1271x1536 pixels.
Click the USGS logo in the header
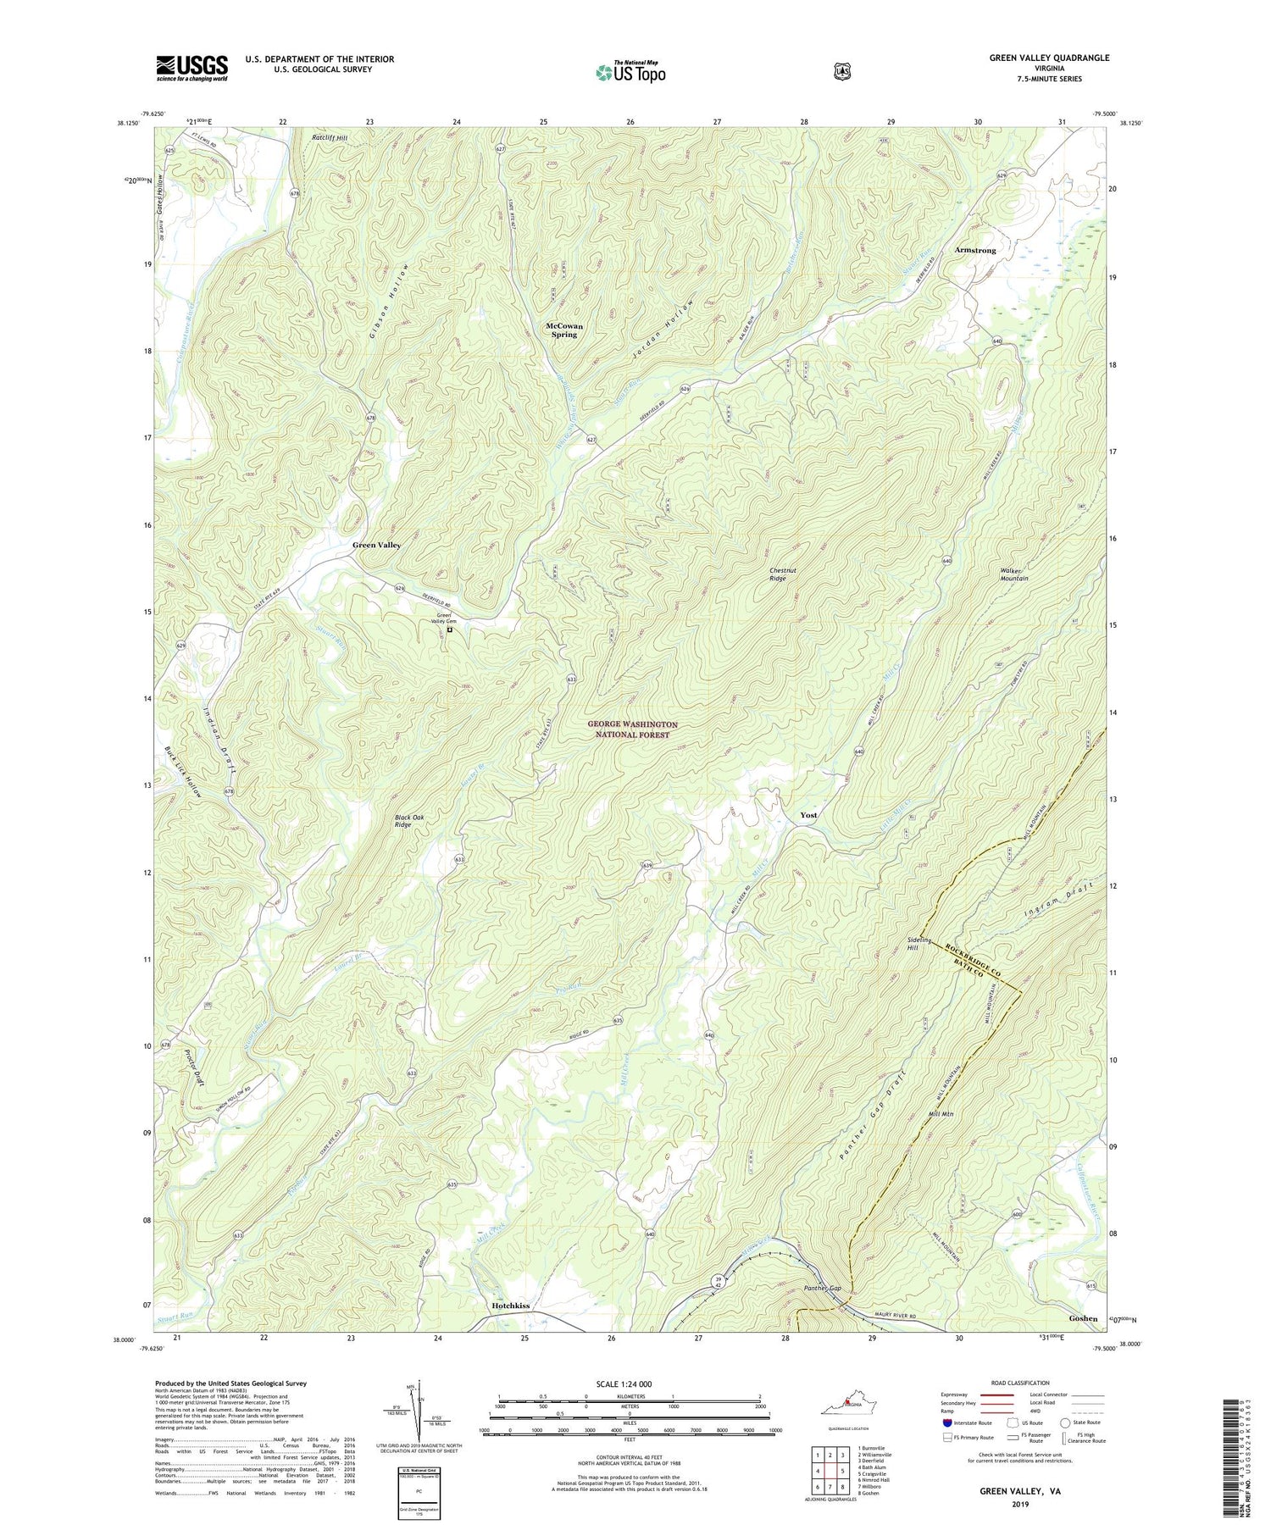click(x=191, y=68)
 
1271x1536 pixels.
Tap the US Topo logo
click(x=631, y=72)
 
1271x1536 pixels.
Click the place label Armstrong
click(x=975, y=251)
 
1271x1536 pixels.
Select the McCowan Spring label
click(x=564, y=330)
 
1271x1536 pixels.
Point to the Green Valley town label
click(x=376, y=545)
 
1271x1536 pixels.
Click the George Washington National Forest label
click(x=632, y=729)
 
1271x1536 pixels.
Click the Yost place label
click(x=808, y=815)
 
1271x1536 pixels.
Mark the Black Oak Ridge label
click(x=413, y=821)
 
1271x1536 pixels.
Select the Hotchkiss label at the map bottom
click(x=510, y=1306)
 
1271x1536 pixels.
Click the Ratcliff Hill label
click(x=330, y=137)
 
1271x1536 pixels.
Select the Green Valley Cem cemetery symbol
click(x=450, y=629)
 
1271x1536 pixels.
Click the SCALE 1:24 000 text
click(x=630, y=1384)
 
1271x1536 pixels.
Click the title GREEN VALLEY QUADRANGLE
click(x=1048, y=58)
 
